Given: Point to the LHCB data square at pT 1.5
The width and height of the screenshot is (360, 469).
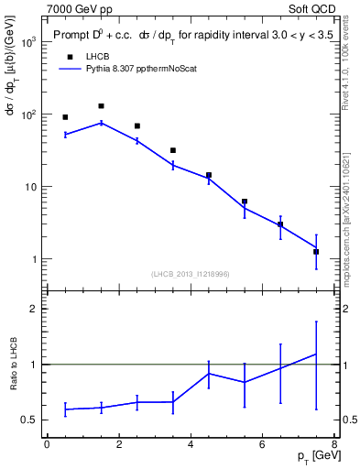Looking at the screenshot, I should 101,106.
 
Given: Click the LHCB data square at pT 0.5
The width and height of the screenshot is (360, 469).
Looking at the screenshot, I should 65,117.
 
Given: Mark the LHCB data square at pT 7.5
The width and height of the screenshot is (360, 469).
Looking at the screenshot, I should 316,251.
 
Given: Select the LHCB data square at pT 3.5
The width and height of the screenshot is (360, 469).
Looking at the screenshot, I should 173,150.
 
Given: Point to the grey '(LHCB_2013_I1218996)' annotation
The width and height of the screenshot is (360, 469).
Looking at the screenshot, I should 191,274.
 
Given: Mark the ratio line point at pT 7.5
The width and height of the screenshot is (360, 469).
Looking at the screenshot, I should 316,354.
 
